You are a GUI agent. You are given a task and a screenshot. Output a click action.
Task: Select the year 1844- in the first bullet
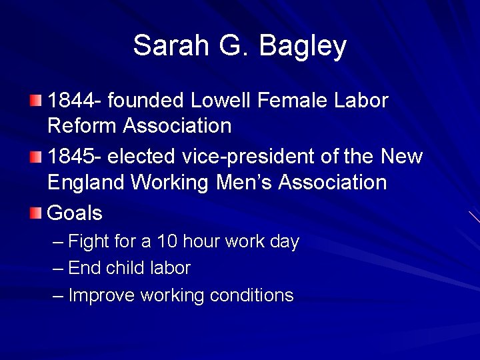[75, 101]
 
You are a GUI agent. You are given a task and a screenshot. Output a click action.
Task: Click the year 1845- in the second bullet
[75, 157]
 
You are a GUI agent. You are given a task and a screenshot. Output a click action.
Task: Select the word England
[86, 183]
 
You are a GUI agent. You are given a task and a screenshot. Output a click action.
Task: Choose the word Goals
[75, 213]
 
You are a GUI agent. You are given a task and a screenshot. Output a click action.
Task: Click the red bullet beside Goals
[35, 213]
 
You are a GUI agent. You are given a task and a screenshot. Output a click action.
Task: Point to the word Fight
[89, 242]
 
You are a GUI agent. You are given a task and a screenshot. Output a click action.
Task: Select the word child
[125, 268]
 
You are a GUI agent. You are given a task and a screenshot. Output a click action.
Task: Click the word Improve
[102, 295]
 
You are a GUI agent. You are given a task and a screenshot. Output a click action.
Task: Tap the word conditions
[251, 295]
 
